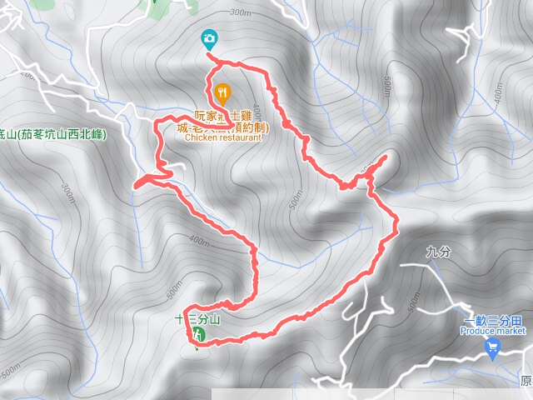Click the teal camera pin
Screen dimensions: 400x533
coord(209,38)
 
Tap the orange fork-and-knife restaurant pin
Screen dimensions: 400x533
coord(222,92)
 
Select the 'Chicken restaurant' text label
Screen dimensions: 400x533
coord(223,138)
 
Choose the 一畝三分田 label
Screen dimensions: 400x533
coord(494,320)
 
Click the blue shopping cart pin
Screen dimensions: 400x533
coord(492,351)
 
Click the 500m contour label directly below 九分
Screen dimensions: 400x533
coord(414,305)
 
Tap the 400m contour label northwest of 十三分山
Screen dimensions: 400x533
coord(198,241)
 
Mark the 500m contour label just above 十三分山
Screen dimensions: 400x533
coord(172,290)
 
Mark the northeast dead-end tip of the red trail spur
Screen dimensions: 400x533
coord(386,157)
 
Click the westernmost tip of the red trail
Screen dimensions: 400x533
coord(135,185)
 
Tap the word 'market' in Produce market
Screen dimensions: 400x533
coord(511,331)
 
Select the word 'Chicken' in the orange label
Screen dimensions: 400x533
coord(201,138)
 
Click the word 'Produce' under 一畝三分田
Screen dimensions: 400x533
coord(477,331)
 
